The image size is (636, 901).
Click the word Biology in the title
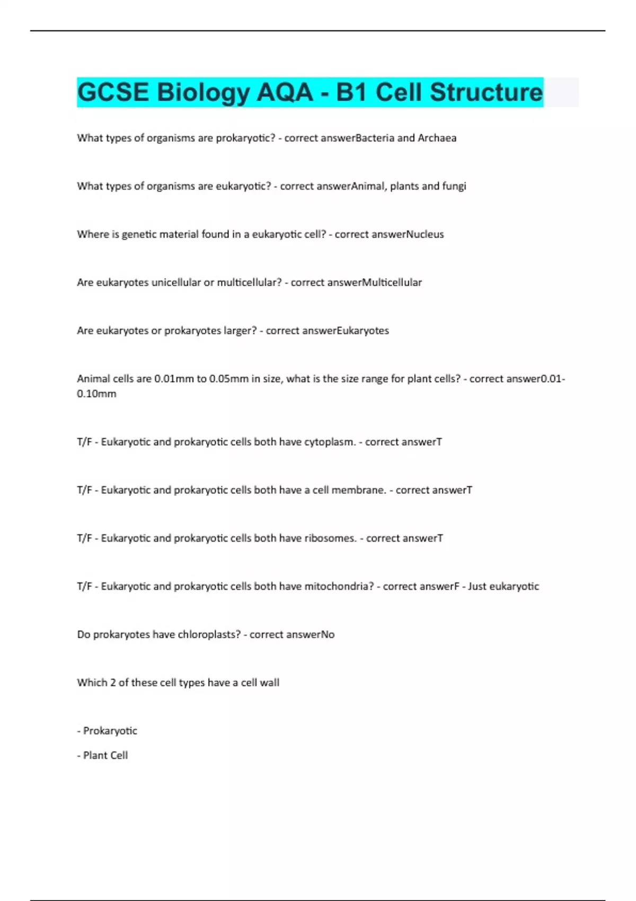[x=202, y=93]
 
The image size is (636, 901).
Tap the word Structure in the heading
[x=486, y=92]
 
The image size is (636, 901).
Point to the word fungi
[x=454, y=186]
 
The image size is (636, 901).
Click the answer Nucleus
[x=425, y=234]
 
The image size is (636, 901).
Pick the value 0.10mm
[x=96, y=394]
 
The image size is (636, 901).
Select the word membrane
[x=359, y=490]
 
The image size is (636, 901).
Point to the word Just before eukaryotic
[x=476, y=587]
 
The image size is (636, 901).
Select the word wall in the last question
[x=269, y=683]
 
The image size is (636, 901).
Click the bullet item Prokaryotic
[x=110, y=731]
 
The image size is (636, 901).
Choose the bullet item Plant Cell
[x=105, y=755]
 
